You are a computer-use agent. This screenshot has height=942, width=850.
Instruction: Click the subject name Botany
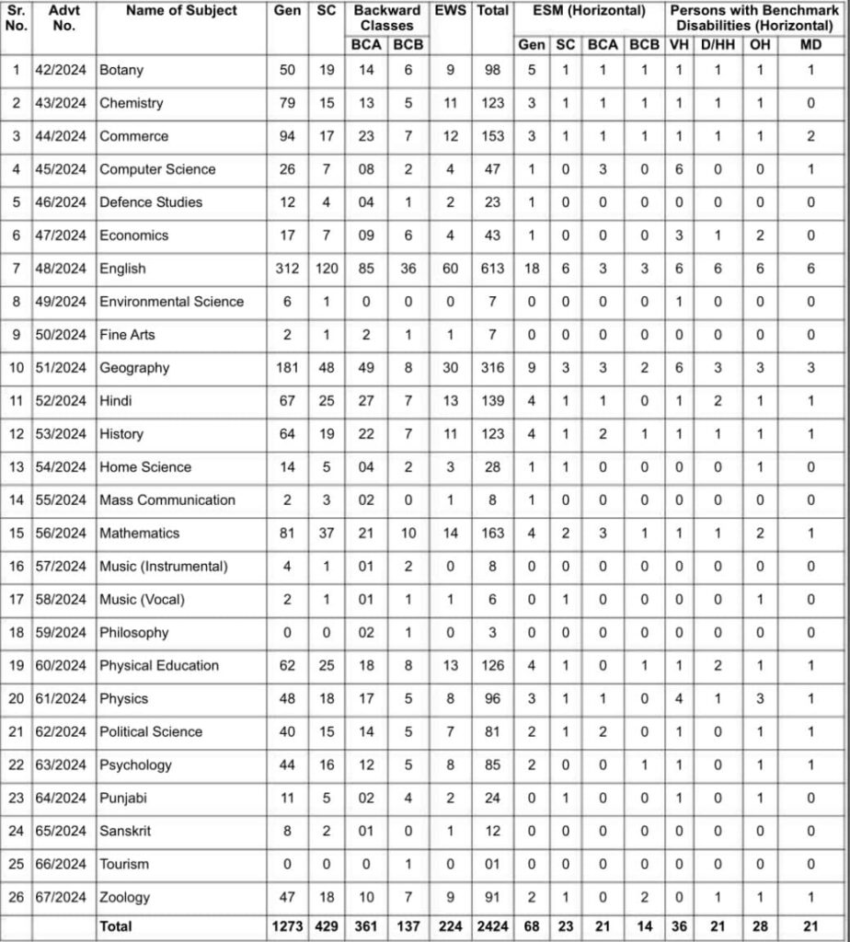pos(121,70)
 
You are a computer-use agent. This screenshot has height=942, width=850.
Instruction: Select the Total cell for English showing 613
pos(492,269)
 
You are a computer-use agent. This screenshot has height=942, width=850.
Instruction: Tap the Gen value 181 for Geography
pos(287,368)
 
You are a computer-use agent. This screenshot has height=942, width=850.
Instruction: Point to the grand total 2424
pos(492,927)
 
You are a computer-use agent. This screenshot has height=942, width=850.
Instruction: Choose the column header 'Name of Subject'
pos(181,11)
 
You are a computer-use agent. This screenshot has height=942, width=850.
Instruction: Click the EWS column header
pos(451,11)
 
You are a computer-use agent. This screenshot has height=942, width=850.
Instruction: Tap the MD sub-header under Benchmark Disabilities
pos(810,44)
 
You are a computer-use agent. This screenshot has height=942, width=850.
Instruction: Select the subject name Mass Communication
pos(167,500)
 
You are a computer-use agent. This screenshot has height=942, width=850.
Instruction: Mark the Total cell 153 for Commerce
pos(492,136)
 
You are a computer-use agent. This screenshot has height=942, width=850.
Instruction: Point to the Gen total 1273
pos(287,927)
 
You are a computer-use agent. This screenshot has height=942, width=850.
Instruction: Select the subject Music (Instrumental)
pos(164,567)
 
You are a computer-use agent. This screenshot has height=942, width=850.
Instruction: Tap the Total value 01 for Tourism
pos(492,865)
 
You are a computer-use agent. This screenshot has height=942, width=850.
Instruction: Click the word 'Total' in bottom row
pos(116,927)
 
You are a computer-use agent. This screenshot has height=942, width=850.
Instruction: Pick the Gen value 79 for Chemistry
pos(287,103)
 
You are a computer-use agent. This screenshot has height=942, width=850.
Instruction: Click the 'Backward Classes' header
pos(386,18)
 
